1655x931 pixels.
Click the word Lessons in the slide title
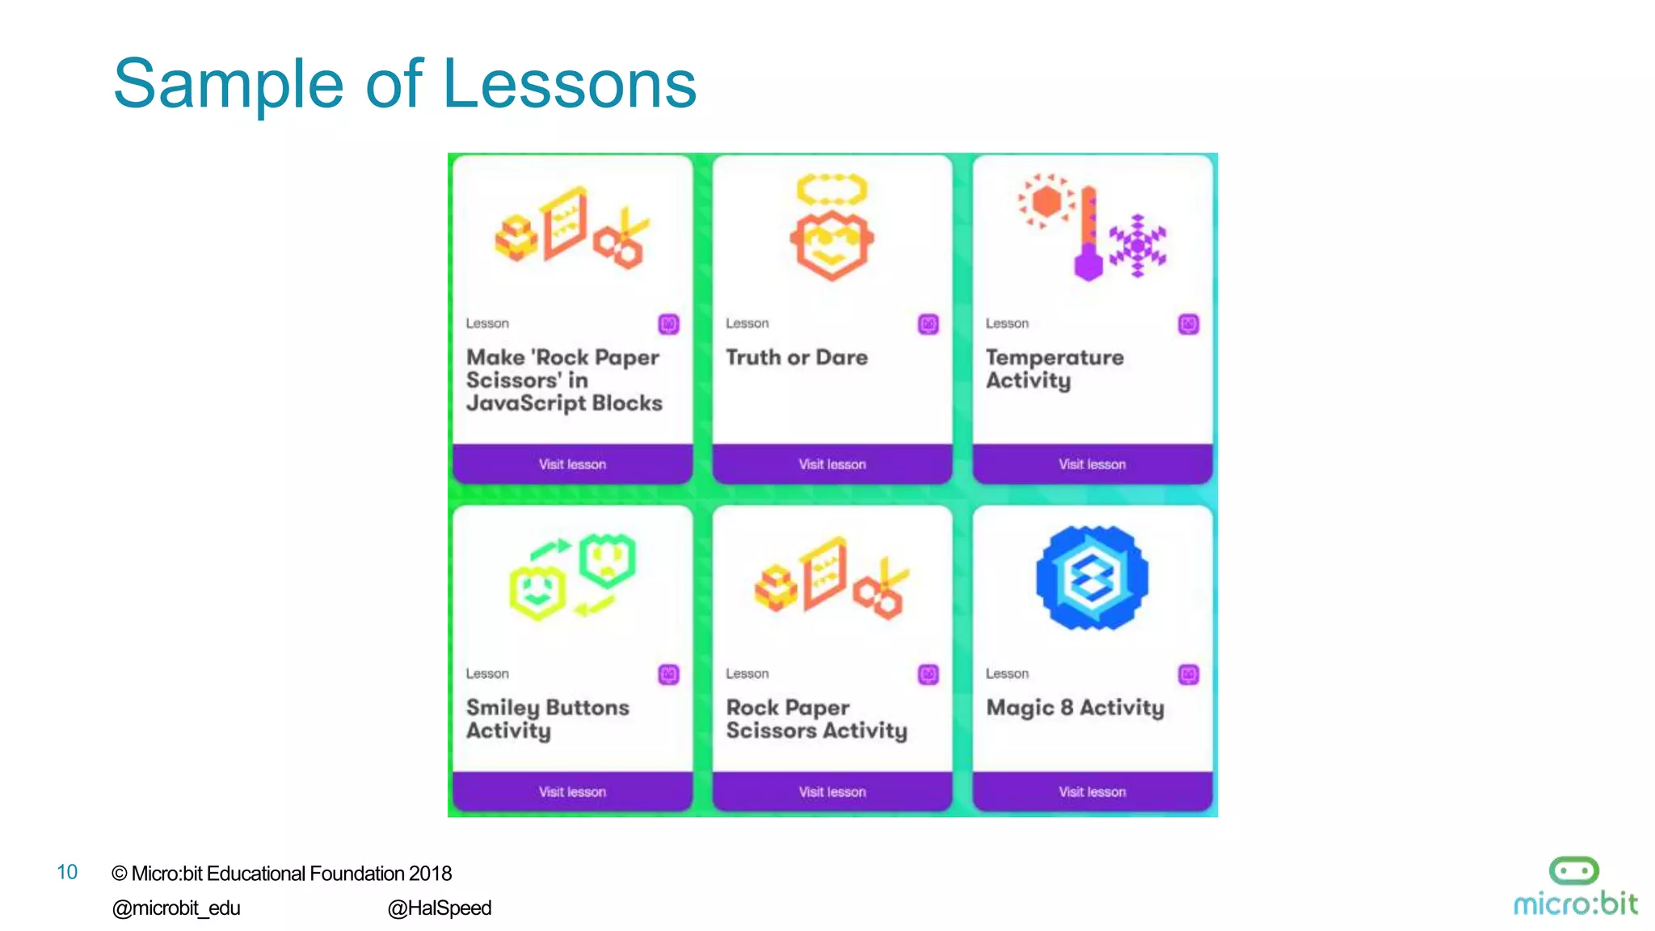click(x=570, y=84)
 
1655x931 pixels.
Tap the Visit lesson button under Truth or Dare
click(x=832, y=464)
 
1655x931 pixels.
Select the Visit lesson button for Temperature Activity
click(x=1092, y=464)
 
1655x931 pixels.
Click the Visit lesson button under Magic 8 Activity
click(x=1092, y=791)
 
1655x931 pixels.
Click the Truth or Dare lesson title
click(x=797, y=357)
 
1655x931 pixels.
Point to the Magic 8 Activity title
click(x=1075, y=708)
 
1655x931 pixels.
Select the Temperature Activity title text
click(x=1054, y=369)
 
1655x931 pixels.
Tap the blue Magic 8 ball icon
click(x=1092, y=577)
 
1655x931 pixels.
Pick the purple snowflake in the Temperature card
click(x=1138, y=246)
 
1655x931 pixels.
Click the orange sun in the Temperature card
click(x=1046, y=201)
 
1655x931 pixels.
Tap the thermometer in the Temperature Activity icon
click(x=1089, y=234)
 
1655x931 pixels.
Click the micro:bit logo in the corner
click(x=1574, y=887)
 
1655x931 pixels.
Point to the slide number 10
click(x=67, y=872)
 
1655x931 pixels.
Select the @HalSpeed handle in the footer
click(x=440, y=908)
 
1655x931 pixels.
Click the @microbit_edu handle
click(x=176, y=908)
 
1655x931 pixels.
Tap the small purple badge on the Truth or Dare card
click(x=929, y=324)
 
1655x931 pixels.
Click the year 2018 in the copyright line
click(x=430, y=874)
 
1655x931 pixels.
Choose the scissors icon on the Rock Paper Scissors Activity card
click(x=881, y=590)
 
